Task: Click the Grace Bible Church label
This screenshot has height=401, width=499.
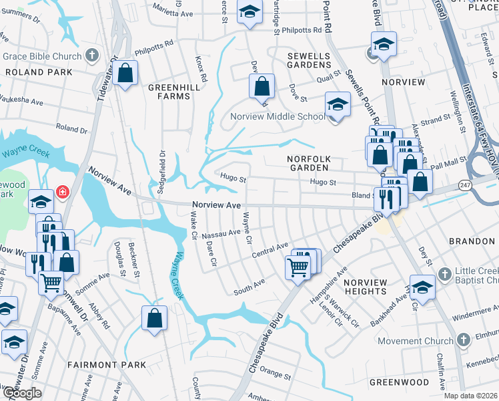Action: (x=43, y=56)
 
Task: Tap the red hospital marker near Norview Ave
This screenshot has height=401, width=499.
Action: (x=63, y=192)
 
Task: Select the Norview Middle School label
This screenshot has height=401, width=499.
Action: (x=277, y=116)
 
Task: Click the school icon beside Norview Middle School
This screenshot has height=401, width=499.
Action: (x=338, y=105)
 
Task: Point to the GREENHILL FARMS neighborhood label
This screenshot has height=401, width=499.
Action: (x=169, y=92)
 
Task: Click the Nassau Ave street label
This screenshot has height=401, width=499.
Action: (x=221, y=233)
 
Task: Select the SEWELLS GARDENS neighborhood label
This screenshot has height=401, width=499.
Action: (x=309, y=60)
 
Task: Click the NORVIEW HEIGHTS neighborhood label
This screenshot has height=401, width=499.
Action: (x=366, y=287)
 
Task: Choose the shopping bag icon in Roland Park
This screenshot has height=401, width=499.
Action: (x=125, y=74)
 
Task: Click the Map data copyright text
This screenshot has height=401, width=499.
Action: (x=470, y=396)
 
